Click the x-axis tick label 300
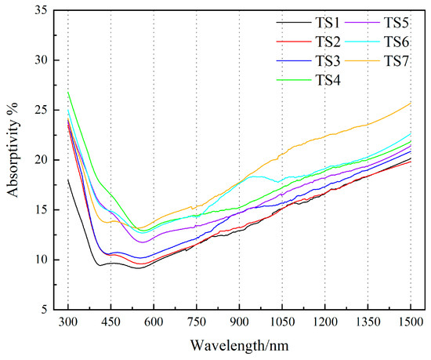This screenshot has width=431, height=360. point(68,322)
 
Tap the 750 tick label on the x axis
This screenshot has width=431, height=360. point(197,322)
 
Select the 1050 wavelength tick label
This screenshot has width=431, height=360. point(282,322)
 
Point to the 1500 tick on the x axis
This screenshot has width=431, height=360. point(410,322)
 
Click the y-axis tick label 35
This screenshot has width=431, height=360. point(50,10)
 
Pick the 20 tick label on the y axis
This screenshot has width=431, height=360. point(50,160)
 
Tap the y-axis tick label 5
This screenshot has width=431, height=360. point(53,310)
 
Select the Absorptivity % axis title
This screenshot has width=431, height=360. point(14,160)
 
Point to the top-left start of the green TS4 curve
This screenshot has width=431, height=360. point(68,92)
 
